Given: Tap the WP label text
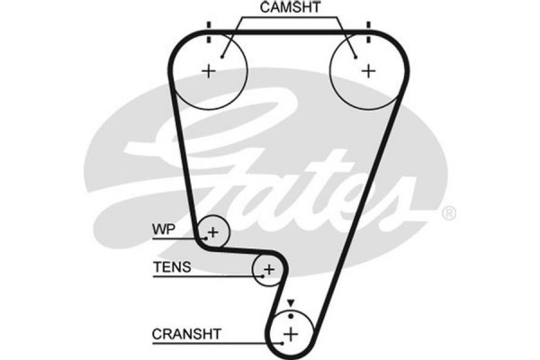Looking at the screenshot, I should point(165,229).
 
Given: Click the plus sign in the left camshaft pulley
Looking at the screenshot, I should point(210,71).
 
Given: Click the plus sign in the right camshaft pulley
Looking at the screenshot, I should point(366,71).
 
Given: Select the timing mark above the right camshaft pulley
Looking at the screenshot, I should point(367,27).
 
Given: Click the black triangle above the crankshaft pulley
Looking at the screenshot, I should point(291,303).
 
